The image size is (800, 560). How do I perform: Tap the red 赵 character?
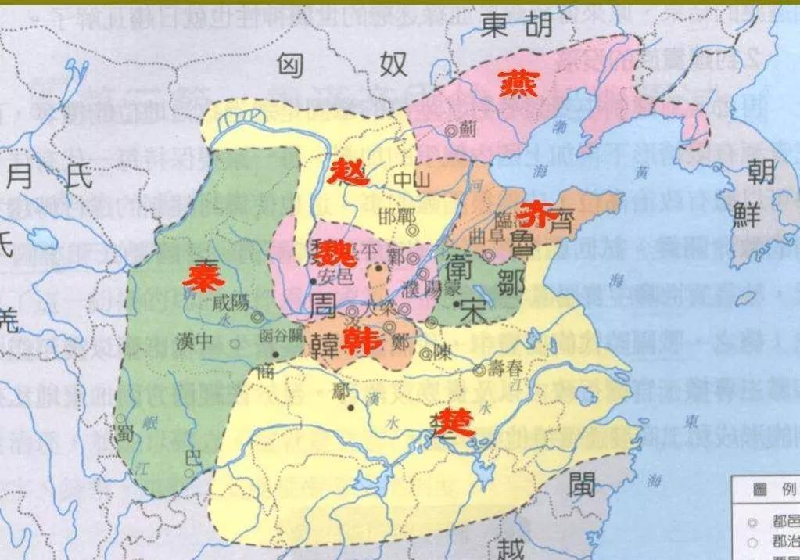click(347, 171)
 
